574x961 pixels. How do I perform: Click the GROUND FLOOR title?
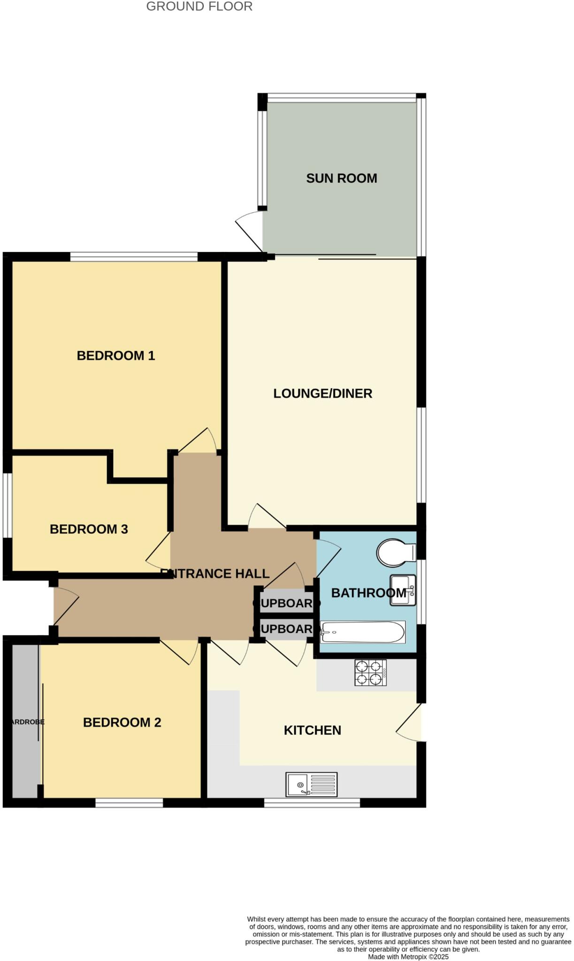(199, 7)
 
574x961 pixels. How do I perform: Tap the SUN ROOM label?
(341, 178)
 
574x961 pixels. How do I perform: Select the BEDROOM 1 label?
(115, 356)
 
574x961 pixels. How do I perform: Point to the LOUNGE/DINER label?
(322, 393)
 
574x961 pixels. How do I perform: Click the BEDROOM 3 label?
(89, 529)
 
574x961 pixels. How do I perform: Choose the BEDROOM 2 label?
(122, 722)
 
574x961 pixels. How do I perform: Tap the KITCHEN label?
(312, 730)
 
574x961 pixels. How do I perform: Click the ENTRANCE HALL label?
(215, 573)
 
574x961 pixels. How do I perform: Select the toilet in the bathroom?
(395, 552)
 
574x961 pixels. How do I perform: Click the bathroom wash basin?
(403, 590)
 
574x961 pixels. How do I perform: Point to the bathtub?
(362, 632)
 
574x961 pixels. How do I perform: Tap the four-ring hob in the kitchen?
(370, 673)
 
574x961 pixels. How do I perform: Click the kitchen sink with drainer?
(311, 784)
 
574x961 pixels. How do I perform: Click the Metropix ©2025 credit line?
(408, 957)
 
